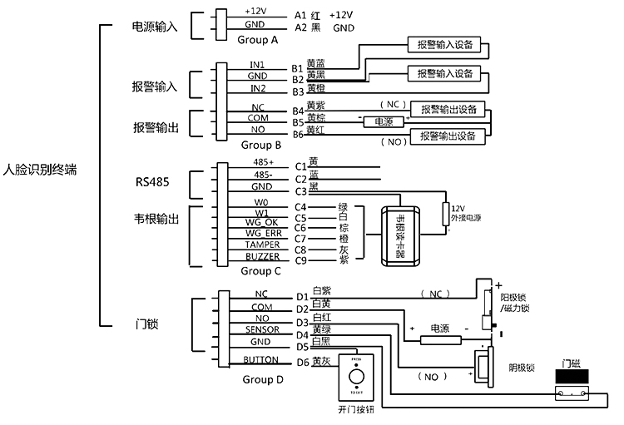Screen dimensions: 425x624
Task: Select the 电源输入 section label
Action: (x=156, y=27)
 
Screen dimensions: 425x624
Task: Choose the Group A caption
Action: (x=258, y=39)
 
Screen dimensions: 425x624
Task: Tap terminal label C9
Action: (x=301, y=259)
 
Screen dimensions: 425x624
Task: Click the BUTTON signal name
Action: (x=260, y=360)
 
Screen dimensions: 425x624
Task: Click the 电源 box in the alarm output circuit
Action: (x=384, y=121)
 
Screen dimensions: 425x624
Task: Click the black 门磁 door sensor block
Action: (x=577, y=377)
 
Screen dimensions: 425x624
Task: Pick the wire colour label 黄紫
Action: (x=315, y=106)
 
